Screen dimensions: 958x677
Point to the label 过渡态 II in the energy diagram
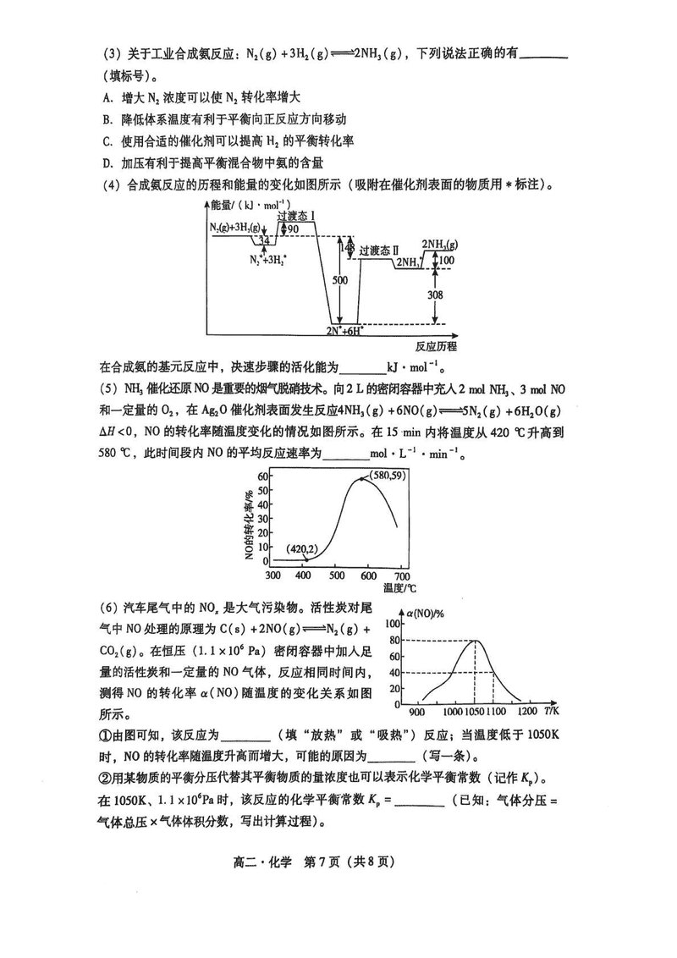(x=377, y=251)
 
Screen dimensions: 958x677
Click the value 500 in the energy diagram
(x=338, y=281)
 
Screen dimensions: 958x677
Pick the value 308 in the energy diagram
(x=434, y=295)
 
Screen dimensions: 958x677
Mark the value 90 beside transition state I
(x=293, y=229)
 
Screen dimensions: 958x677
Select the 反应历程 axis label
(x=436, y=346)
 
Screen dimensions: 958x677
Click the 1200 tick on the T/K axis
(x=526, y=713)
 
